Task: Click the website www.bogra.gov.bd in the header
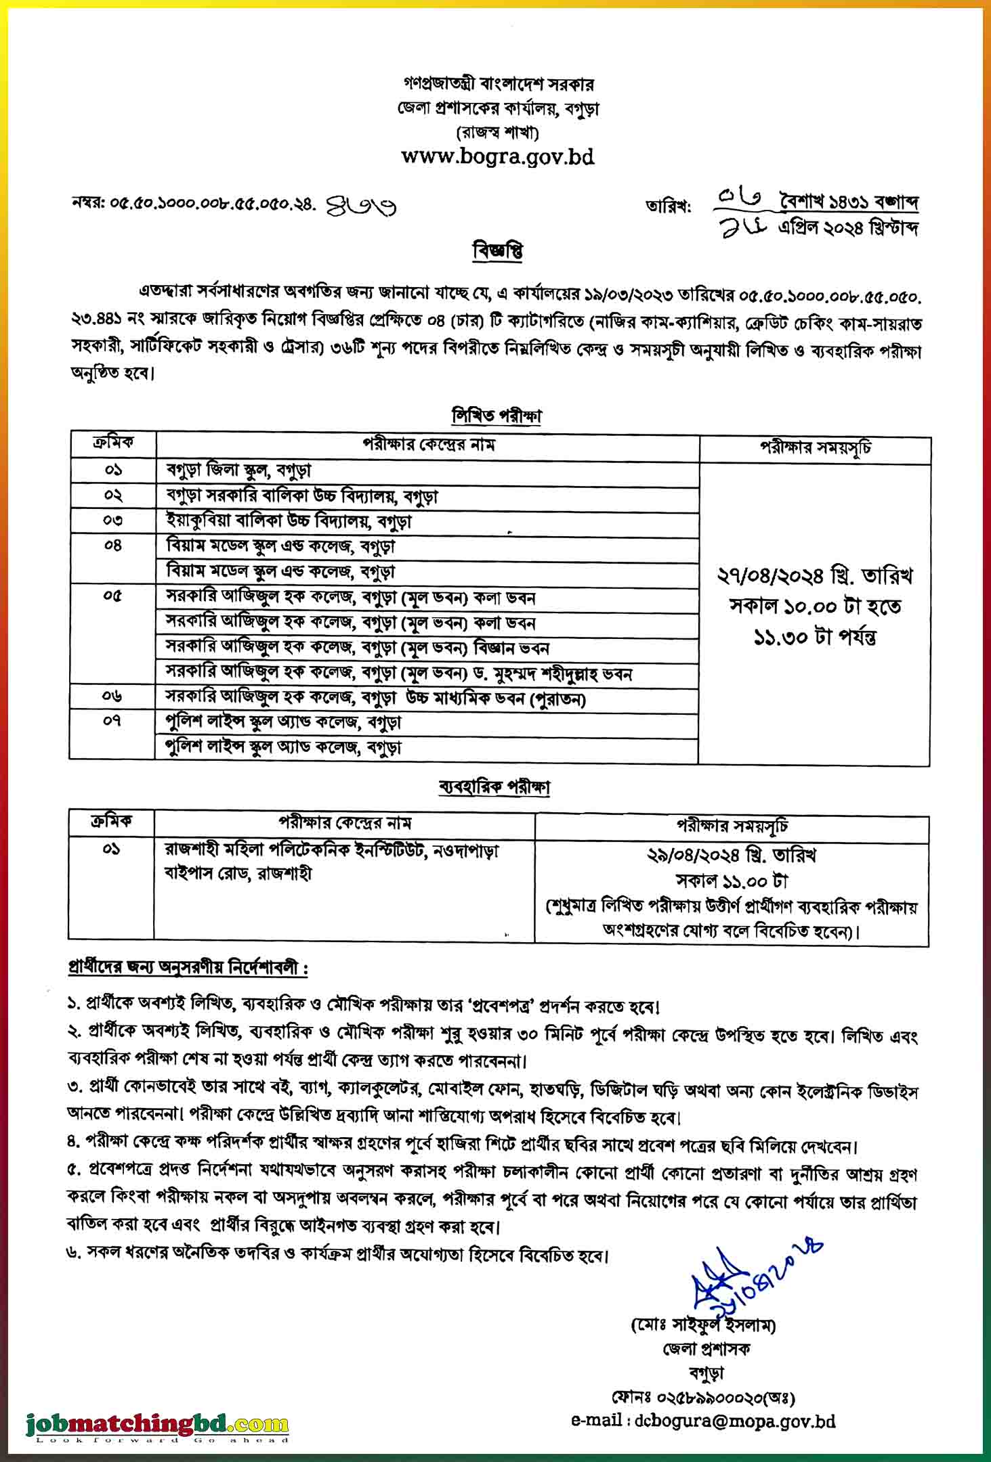click(x=497, y=157)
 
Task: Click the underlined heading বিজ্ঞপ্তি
click(x=497, y=252)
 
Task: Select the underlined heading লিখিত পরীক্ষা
click(x=497, y=416)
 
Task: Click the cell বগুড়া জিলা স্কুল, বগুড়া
click(x=238, y=470)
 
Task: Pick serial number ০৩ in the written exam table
click(x=113, y=520)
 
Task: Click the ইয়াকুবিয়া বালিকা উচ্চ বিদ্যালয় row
click(x=289, y=521)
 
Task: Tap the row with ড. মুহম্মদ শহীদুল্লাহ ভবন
click(x=399, y=673)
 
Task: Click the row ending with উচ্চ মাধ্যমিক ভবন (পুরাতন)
click(x=376, y=698)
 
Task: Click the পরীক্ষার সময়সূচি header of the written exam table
click(x=815, y=448)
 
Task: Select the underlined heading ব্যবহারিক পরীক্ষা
click(x=494, y=787)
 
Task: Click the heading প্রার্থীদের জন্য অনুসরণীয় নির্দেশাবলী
click(x=188, y=968)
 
